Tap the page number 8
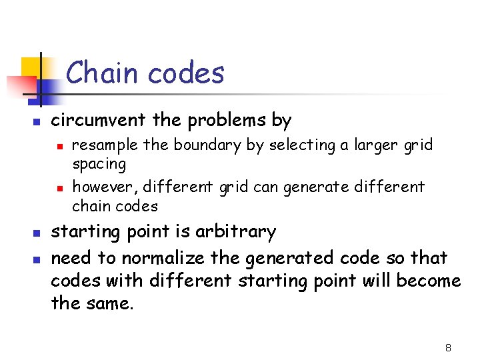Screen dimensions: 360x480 pyautogui.click(x=448, y=347)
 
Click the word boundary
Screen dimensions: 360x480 pyautogui.click(x=207, y=145)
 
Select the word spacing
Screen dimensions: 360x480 pyautogui.click(x=99, y=164)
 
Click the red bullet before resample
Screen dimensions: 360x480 pyautogui.click(x=59, y=145)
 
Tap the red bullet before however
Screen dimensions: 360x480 pyautogui.click(x=59, y=187)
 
